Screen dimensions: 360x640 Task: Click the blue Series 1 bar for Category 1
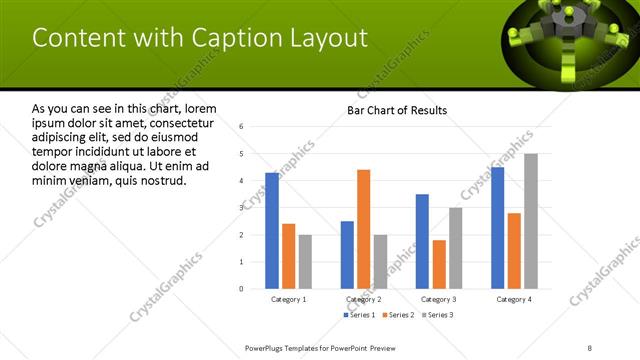pos(272,230)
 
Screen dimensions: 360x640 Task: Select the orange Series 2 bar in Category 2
pos(363,229)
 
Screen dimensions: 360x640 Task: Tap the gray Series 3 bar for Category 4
pos(530,221)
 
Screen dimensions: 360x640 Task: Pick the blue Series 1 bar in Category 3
pos(422,241)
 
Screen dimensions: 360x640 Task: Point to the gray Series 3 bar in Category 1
pos(305,261)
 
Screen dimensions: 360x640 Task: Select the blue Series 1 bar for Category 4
pos(498,227)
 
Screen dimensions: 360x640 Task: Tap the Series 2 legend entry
pos(399,315)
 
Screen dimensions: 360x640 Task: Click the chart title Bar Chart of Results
pos(397,110)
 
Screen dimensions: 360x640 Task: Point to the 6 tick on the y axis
pos(242,127)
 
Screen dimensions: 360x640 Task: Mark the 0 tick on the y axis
pos(242,288)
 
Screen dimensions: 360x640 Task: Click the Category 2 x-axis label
pos(363,299)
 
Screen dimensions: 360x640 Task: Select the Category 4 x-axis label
pos(514,299)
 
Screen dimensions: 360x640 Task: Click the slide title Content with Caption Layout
pos(200,38)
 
